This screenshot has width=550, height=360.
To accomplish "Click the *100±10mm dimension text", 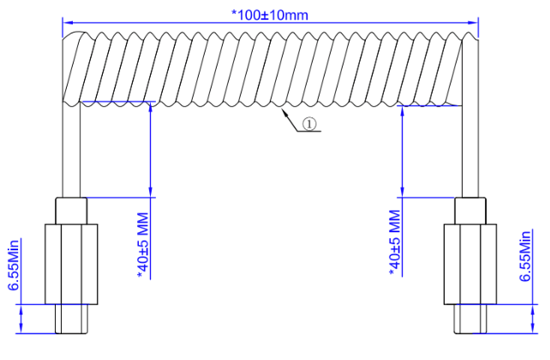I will pyautogui.click(x=270, y=15).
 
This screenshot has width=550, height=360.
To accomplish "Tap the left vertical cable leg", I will pyautogui.click(x=71, y=150).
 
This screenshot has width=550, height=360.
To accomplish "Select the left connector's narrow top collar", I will pyautogui.click(x=70, y=210).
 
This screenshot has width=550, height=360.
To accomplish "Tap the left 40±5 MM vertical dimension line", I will pyautogui.click(x=150, y=150).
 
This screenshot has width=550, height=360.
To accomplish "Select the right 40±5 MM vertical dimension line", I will pyautogui.click(x=401, y=150).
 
